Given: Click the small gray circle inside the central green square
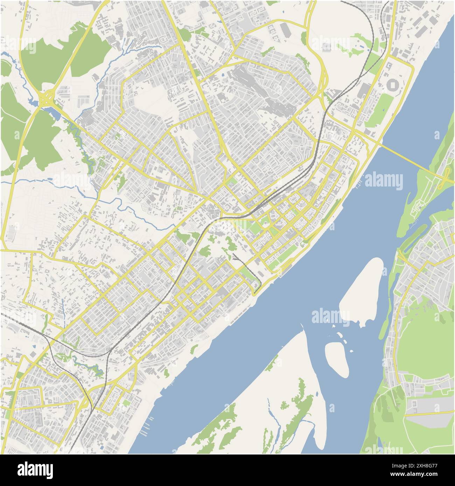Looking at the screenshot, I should pyautogui.click(x=265, y=224).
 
